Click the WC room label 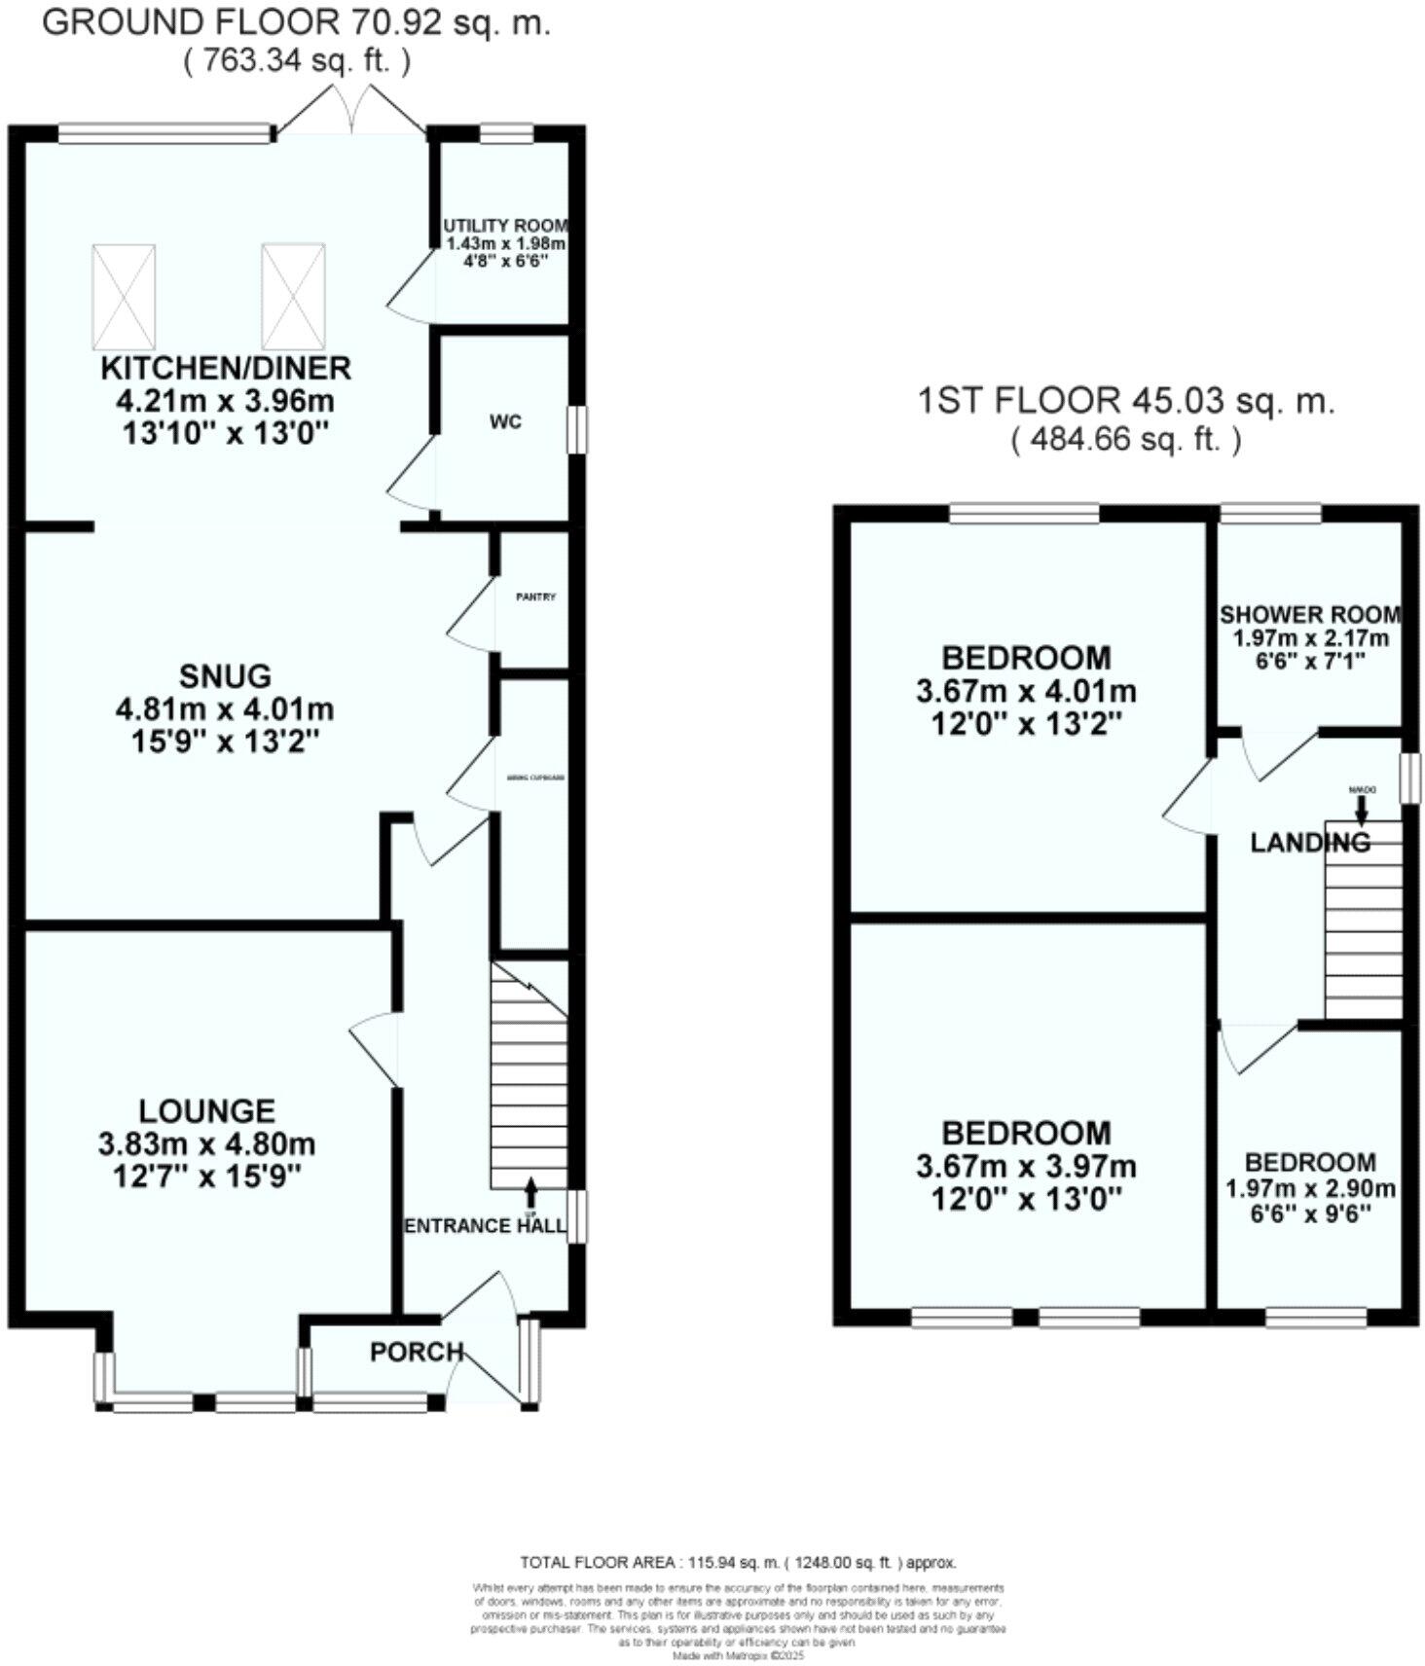tap(505, 422)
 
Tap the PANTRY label tap(535, 597)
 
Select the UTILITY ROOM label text tap(504, 225)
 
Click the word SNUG tap(225, 675)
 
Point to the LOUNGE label tap(206, 1110)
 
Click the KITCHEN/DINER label tap(226, 368)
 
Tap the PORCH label tap(417, 1352)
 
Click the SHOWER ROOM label tap(1310, 615)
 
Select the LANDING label tap(1309, 842)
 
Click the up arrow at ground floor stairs tap(530, 1191)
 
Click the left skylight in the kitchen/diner tap(124, 297)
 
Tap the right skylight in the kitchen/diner tap(293, 297)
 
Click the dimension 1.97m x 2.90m tap(1310, 1188)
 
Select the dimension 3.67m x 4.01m tap(1026, 692)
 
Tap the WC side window tap(578, 429)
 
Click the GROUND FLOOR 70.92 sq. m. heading tap(296, 21)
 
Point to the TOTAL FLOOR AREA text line tap(738, 1563)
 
